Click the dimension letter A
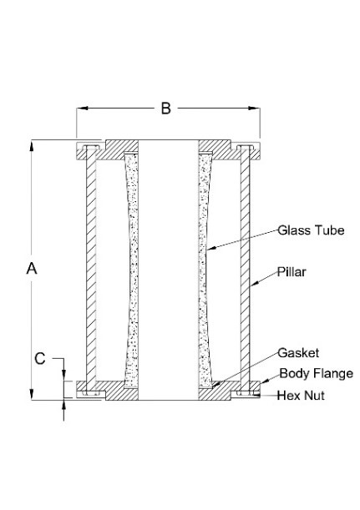point(32,269)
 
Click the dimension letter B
point(166,109)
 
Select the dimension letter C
point(40,358)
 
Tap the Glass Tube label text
point(311,230)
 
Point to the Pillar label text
point(292,272)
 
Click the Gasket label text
point(298,353)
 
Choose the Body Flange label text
point(316,373)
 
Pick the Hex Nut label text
point(301,396)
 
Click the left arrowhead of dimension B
point(82,108)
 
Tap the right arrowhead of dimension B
point(254,108)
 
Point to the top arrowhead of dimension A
point(32,146)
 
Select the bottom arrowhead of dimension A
point(32,394)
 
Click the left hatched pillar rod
point(91,268)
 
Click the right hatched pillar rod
point(245,268)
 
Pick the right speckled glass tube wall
point(205,270)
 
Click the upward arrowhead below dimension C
point(63,406)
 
